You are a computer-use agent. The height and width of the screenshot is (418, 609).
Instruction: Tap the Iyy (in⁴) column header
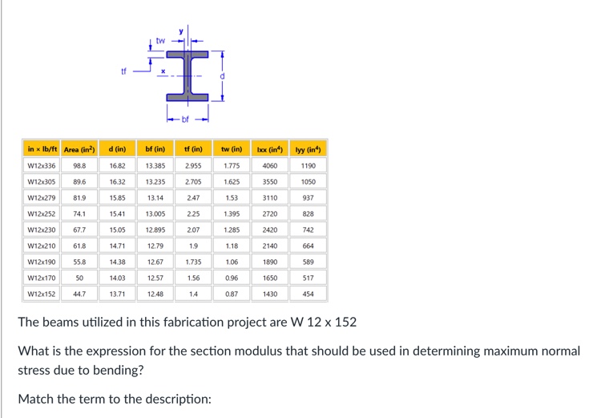308,149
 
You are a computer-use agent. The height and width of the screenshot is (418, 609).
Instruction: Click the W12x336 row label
42,166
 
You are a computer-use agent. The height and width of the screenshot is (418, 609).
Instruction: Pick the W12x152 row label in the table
42,294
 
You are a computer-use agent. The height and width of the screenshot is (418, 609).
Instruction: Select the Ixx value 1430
270,294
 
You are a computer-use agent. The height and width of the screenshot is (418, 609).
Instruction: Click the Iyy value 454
308,294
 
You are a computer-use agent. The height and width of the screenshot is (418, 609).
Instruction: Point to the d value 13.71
117,294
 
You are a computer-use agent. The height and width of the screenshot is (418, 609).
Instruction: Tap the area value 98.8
79,166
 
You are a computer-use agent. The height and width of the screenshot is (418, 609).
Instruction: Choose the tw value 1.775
232,166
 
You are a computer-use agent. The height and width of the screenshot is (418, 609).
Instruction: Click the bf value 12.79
155,246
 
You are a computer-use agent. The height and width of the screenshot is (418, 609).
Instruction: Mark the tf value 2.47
193,198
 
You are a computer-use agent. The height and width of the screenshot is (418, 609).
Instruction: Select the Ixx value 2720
270,214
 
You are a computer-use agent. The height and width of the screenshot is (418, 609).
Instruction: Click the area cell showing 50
79,278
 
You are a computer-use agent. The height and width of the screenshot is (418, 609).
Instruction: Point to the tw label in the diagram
160,39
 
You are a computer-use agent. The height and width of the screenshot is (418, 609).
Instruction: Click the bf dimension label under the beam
185,120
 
